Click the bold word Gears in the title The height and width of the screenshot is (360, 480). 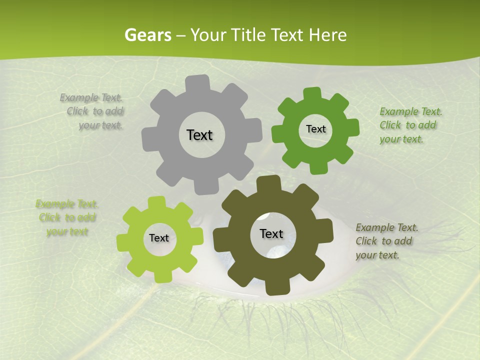(147, 35)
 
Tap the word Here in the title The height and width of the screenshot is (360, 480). (327, 35)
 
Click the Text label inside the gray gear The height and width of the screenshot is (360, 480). (199, 135)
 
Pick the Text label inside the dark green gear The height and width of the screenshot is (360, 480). (315, 129)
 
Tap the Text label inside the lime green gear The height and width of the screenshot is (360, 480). (159, 238)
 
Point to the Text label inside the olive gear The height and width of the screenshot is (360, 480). (271, 234)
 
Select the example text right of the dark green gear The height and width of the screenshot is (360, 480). (410, 125)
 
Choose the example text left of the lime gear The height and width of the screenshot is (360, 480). (66, 218)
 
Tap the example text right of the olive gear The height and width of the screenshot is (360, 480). (386, 241)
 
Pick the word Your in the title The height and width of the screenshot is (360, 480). (209, 35)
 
